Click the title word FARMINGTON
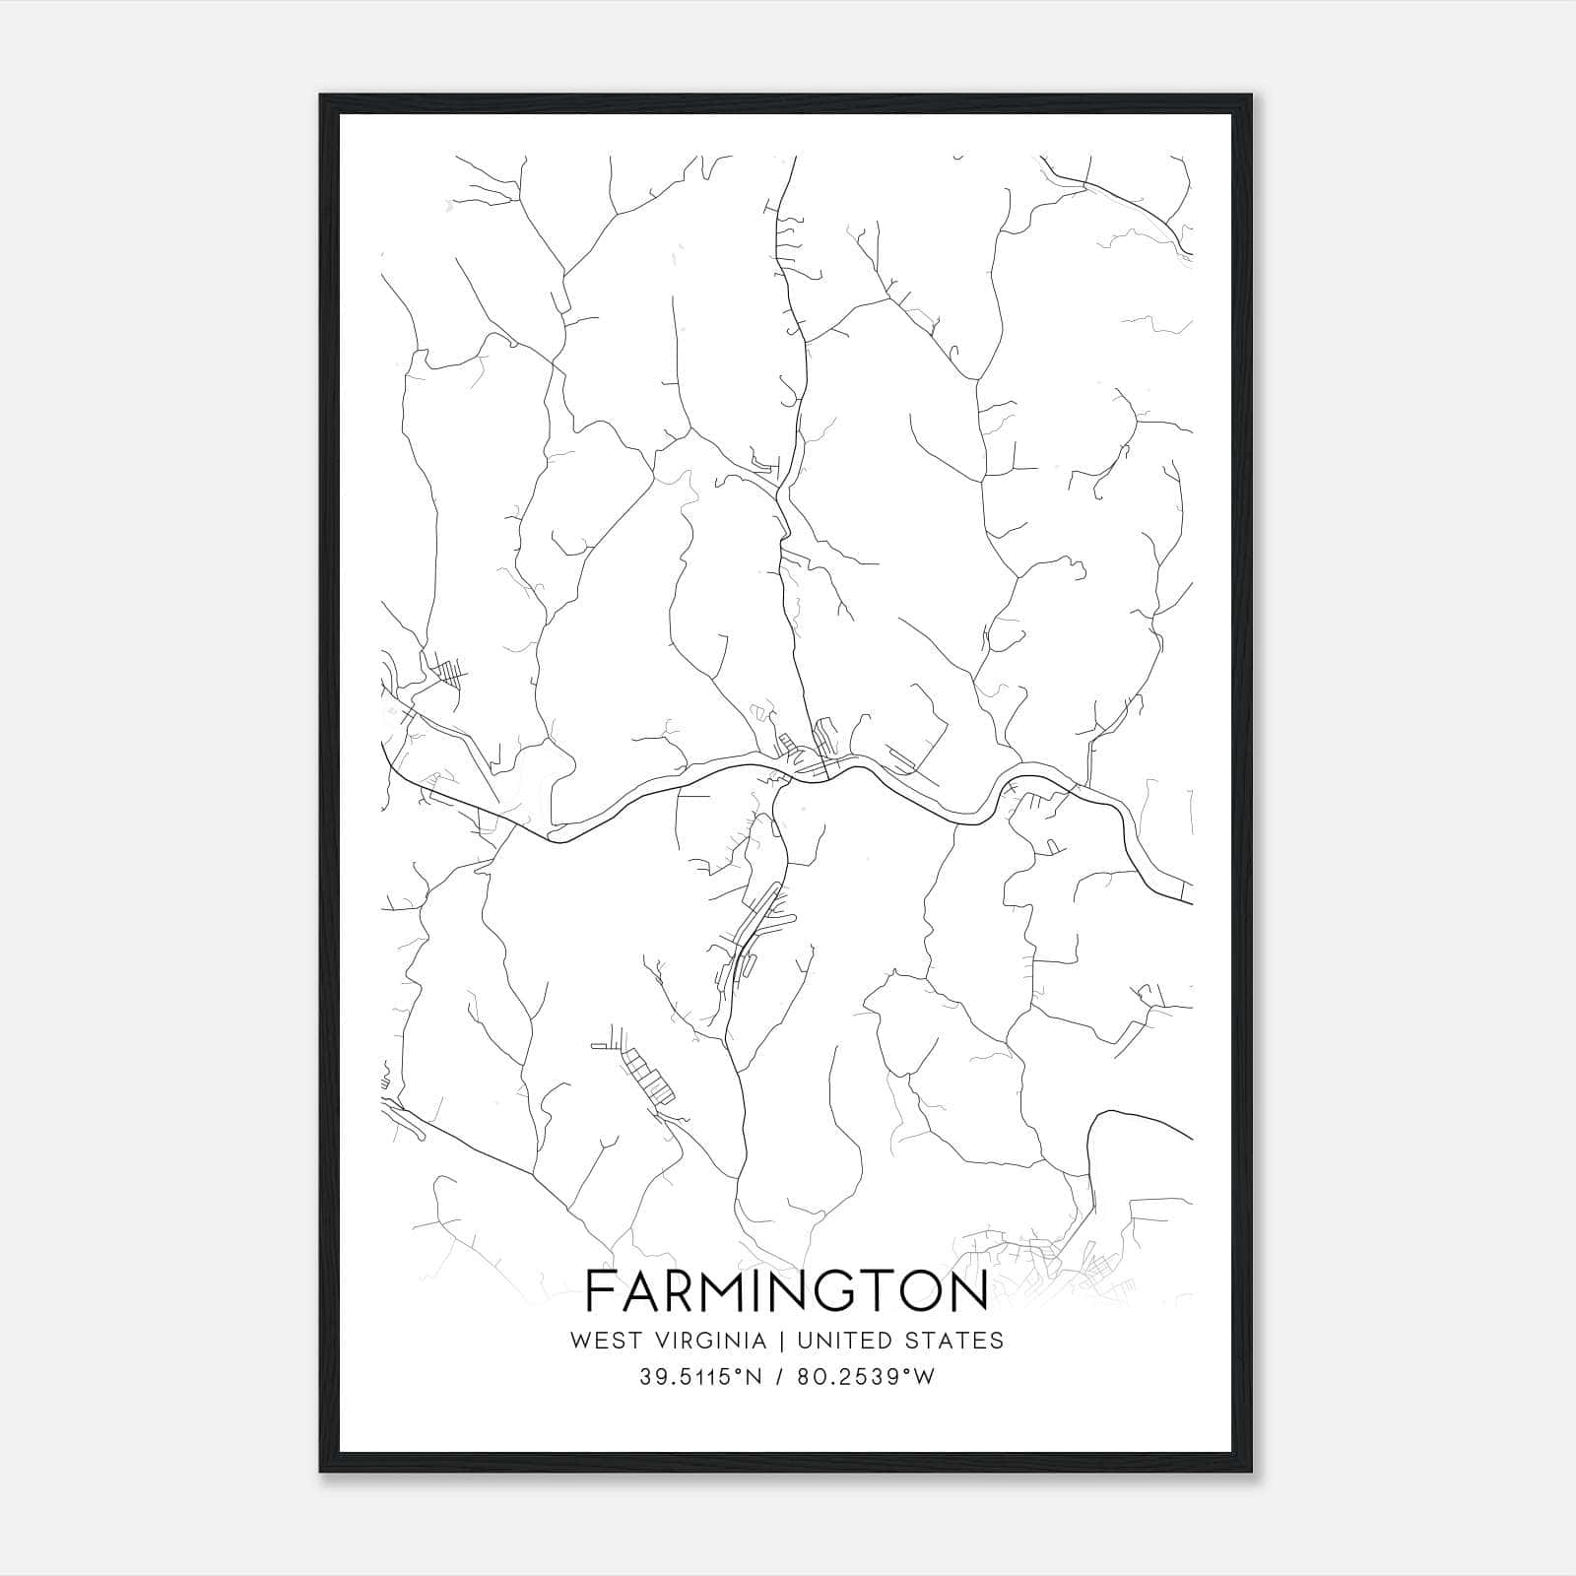(787, 1291)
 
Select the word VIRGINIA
(713, 1341)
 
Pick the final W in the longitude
(924, 1377)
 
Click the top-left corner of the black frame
(321, 96)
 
